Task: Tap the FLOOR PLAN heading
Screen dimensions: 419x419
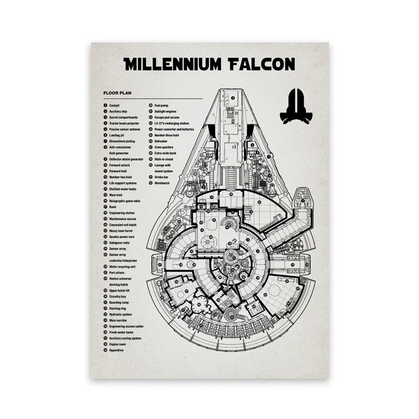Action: click(x=117, y=93)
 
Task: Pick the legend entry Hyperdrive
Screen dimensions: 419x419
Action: click(x=116, y=350)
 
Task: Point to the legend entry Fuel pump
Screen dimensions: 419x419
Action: click(x=161, y=105)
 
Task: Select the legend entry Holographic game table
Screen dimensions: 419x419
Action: click(x=125, y=201)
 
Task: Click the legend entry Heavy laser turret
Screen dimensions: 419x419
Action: click(x=122, y=230)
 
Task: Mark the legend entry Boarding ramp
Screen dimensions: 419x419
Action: click(x=119, y=302)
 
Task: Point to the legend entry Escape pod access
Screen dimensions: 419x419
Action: click(x=167, y=117)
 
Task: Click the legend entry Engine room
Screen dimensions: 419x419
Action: click(x=117, y=344)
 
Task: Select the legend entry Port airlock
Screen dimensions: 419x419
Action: click(x=117, y=272)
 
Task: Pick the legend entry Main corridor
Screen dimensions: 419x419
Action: click(x=118, y=320)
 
